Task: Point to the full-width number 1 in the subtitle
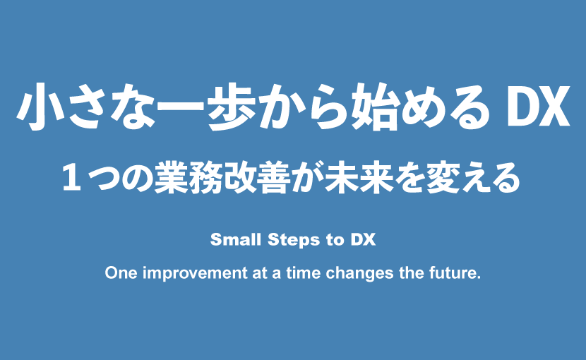click(72, 179)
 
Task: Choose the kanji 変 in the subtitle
click(443, 178)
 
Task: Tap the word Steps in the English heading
click(294, 241)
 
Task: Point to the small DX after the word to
click(364, 239)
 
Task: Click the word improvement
click(195, 274)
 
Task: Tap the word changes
click(359, 274)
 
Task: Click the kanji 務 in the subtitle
click(206, 178)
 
